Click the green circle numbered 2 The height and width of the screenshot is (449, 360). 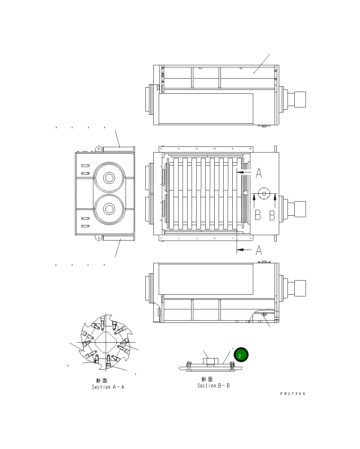tap(241, 355)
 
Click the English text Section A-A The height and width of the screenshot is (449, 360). tap(108, 387)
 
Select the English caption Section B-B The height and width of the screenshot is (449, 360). tap(213, 386)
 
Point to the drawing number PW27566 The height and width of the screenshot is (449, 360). tap(293, 394)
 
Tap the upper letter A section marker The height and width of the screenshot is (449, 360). tap(259, 173)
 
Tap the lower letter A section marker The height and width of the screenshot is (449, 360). tap(259, 250)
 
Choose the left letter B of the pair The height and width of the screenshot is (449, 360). tap(258, 215)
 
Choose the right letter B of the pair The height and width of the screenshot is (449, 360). tap(272, 215)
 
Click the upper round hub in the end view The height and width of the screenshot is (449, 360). tap(109, 178)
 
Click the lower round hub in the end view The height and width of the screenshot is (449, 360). tap(109, 209)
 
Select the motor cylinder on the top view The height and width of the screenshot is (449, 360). tap(300, 99)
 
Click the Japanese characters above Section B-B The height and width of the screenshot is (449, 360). tap(207, 379)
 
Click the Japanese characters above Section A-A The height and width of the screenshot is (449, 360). tap(102, 380)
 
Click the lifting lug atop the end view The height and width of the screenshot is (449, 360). tap(97, 148)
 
